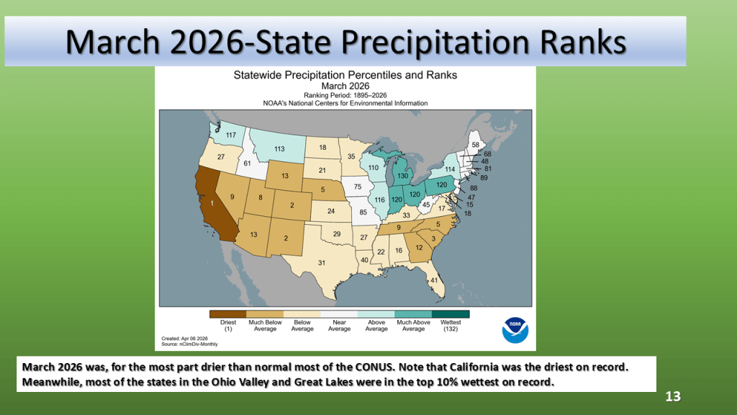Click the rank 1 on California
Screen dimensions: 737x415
(x=212, y=203)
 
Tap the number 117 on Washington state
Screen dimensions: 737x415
(x=231, y=135)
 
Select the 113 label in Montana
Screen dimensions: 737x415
(x=279, y=148)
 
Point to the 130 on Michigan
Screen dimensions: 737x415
(x=403, y=176)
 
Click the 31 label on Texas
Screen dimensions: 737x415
(x=322, y=262)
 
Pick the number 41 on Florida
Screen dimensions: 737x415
(x=434, y=280)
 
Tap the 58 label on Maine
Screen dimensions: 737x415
(x=476, y=145)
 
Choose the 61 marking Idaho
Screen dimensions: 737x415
(x=248, y=164)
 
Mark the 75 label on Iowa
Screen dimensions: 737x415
(x=358, y=187)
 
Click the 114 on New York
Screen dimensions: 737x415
(x=450, y=169)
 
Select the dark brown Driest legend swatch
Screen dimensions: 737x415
(x=228, y=314)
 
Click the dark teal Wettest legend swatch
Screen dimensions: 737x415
(x=451, y=314)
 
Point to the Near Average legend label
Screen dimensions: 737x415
(x=340, y=326)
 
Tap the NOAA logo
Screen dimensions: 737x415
(x=515, y=330)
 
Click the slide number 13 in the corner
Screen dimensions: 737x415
(x=673, y=397)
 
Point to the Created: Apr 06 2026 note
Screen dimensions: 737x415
(x=184, y=339)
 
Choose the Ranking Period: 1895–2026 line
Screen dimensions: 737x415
(x=345, y=95)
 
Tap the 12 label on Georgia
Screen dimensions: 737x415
(x=419, y=248)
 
